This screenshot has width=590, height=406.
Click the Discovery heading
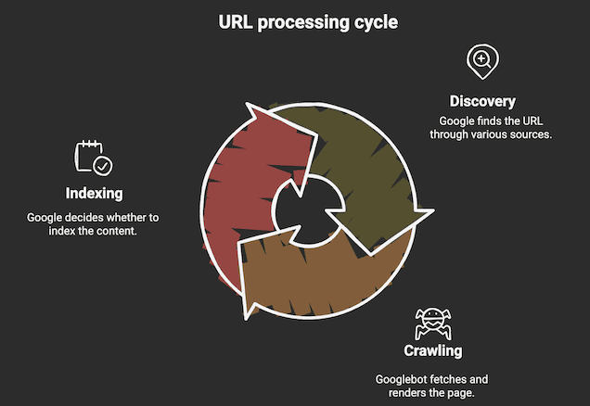(482, 100)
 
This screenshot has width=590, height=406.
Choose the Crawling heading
(432, 350)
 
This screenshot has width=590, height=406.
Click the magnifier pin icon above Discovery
(481, 62)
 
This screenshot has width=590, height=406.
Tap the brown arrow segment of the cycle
(315, 278)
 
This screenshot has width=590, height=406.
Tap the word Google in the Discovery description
(458, 121)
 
